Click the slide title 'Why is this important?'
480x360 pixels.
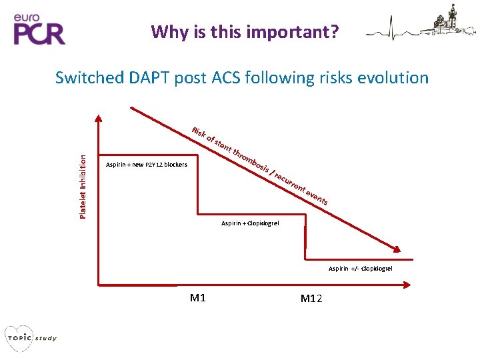[245, 31]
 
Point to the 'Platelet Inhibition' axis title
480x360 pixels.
[83, 186]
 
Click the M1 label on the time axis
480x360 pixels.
[197, 298]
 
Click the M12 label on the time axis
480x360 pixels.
[311, 298]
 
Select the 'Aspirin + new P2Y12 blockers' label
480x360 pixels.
[147, 165]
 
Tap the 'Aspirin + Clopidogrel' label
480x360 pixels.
[251, 223]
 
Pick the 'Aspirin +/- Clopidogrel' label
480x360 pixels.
[360, 268]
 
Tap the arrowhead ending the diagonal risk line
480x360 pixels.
[397, 250]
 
